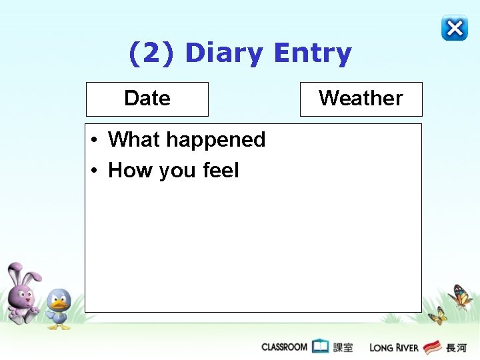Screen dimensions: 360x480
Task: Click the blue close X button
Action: coord(454,28)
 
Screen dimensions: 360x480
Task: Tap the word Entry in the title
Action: coord(313,53)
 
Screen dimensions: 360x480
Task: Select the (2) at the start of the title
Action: coord(152,53)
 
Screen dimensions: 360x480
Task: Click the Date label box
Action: coord(147,99)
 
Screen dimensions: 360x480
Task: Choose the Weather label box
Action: coord(361,99)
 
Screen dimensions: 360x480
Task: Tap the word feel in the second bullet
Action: coord(221,171)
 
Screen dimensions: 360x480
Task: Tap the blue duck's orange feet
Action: coord(59,327)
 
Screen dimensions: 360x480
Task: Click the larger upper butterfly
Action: coord(460,297)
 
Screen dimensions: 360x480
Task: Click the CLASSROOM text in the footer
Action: coord(285,347)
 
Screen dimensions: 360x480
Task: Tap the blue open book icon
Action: coord(321,347)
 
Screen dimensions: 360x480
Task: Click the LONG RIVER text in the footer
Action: coord(394,347)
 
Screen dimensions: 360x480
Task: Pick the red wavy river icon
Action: coord(433,347)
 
